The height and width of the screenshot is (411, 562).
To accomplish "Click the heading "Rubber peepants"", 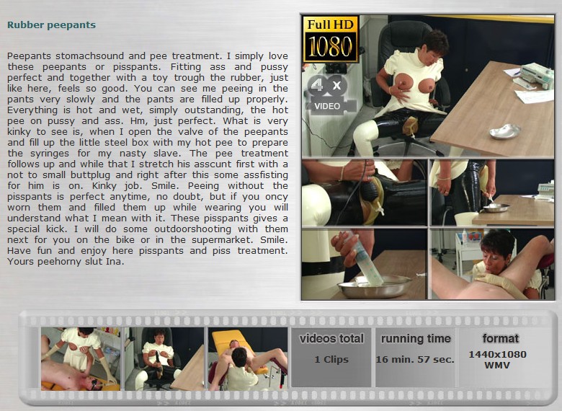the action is click(51, 25).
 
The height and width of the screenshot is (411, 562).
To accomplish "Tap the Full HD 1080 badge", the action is click(331, 39).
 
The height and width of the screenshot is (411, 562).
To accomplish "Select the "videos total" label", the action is click(331, 339).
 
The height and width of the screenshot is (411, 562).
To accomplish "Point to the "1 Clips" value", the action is click(331, 359).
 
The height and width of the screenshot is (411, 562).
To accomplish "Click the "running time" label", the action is click(416, 339).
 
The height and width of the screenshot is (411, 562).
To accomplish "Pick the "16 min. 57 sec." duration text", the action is click(415, 359).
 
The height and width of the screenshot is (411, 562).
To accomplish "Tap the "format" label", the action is click(500, 338).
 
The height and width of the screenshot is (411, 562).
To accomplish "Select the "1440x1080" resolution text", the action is click(497, 354).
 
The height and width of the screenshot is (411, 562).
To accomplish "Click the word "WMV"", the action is click(497, 366).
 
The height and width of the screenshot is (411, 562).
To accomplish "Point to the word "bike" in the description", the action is click(125, 239).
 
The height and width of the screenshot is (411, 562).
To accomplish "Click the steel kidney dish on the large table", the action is click(504, 131).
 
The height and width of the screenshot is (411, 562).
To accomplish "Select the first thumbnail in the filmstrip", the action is click(81, 358).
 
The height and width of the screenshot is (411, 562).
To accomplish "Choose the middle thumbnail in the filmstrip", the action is click(164, 358).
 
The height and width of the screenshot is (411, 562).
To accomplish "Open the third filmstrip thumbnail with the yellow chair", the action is click(248, 358).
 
